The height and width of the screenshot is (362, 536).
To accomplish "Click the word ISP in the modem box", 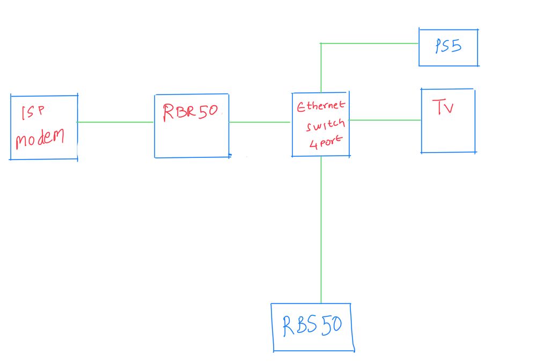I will click(x=32, y=112).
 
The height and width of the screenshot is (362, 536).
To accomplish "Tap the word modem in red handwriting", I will click(x=40, y=139).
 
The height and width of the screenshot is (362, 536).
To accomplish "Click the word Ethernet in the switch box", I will click(x=321, y=106).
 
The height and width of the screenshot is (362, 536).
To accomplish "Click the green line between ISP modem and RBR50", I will click(x=115, y=122).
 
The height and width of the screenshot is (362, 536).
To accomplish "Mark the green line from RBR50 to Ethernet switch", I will click(x=260, y=122).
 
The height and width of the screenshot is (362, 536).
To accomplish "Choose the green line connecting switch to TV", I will click(x=385, y=120).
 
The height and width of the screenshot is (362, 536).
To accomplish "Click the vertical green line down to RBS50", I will click(x=321, y=231).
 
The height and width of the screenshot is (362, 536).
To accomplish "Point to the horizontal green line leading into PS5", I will click(x=370, y=43).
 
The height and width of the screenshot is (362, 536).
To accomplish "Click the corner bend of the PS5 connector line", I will click(x=321, y=44).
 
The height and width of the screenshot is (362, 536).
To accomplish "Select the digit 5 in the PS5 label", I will click(x=456, y=47).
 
